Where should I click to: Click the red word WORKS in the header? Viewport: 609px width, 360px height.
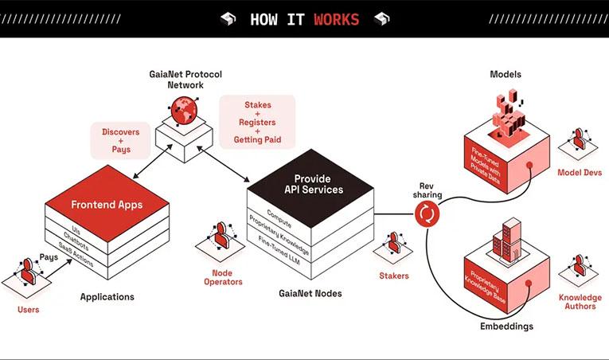tap(337, 19)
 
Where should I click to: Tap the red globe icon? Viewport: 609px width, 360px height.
tap(184, 110)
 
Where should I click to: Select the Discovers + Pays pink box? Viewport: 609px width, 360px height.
tap(121, 140)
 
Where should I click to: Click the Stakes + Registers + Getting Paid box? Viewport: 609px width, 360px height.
tap(257, 122)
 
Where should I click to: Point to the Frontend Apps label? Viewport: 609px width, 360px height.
tap(107, 205)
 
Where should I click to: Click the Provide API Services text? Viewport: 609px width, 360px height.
tap(314, 184)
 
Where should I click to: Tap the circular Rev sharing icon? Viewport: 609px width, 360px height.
tap(427, 213)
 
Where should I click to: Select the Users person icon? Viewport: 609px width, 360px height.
tap(28, 272)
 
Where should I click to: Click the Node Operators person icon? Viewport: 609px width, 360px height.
tap(221, 235)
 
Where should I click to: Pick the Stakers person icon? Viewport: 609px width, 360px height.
tap(394, 243)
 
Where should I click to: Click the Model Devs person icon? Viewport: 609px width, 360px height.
tap(579, 139)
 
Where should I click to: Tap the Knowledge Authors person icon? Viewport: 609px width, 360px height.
tap(579, 265)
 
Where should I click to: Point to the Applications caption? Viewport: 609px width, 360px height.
tap(107, 297)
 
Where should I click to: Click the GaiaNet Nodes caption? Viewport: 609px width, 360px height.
tap(310, 294)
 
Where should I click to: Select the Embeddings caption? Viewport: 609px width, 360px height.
tap(506, 327)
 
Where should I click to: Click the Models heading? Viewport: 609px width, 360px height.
tap(506, 74)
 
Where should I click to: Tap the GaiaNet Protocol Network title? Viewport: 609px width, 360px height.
tap(185, 80)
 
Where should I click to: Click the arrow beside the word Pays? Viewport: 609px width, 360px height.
tap(59, 268)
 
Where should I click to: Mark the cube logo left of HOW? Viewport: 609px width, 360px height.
tap(228, 18)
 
